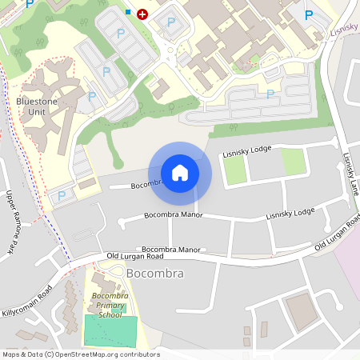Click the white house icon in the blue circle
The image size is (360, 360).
[180, 173]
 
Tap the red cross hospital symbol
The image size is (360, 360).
[142, 14]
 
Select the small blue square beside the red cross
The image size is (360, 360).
[128, 12]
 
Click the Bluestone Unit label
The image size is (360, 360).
[37, 106]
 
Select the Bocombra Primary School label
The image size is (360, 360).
[110, 305]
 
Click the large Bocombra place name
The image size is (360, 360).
[155, 274]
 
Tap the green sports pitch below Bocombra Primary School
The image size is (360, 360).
[110, 330]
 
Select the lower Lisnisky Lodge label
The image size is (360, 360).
[290, 214]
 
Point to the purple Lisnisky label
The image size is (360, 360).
[344, 30]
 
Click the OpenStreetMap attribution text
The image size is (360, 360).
[80, 354]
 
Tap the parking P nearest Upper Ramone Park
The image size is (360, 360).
[61, 196]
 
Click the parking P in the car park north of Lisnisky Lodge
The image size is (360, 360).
[270, 94]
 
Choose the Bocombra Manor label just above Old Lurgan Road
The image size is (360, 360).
[171, 250]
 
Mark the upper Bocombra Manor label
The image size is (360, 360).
[173, 214]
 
